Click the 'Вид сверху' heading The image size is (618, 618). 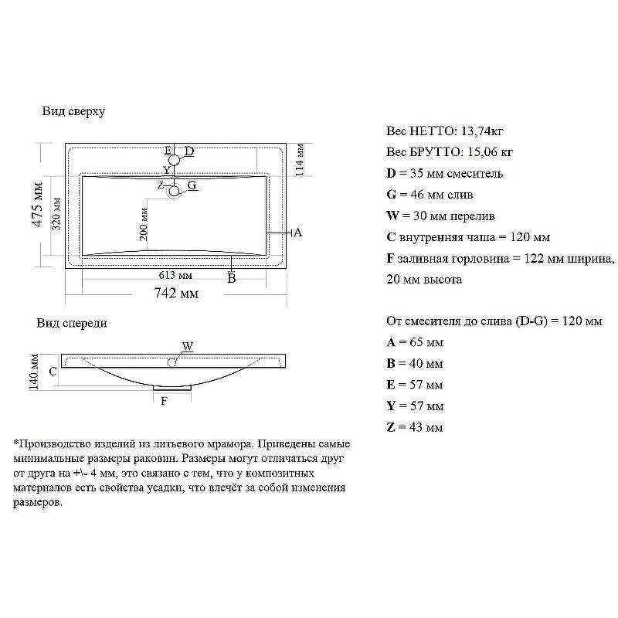tap(73, 111)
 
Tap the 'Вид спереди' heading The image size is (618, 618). tap(72, 323)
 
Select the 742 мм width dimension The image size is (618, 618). tap(177, 293)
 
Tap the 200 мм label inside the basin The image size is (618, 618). tap(144, 224)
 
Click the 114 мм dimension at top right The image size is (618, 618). tap(301, 161)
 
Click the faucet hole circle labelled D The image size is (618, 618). tap(175, 160)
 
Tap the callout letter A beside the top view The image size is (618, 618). tap(297, 233)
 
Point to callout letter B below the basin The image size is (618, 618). tap(231, 279)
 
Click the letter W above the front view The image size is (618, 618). tap(187, 346)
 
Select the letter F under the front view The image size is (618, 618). tap(163, 401)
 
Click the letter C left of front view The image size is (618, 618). tap(53, 372)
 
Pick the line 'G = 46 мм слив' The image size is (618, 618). tap(430, 195)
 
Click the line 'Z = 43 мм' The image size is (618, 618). tap(414, 427)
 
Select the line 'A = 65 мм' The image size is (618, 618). tap(414, 342)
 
